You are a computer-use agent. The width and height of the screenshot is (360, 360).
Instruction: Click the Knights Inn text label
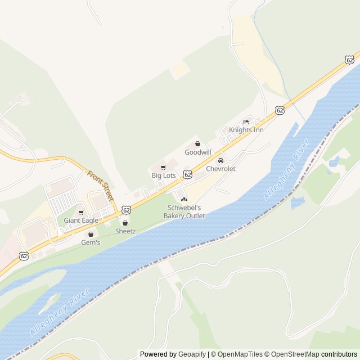coord(246,130)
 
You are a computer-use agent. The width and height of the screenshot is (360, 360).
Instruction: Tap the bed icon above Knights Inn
coord(246,122)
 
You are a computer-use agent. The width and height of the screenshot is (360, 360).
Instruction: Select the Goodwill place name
coord(197,152)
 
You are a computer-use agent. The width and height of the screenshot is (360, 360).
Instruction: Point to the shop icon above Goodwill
coord(197,144)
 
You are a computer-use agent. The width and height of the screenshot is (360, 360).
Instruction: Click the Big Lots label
coord(163,175)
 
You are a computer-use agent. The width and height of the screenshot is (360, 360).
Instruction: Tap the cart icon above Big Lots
coord(163,168)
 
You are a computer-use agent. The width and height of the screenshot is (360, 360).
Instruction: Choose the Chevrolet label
coord(220,169)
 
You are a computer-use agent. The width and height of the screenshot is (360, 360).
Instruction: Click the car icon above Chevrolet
coord(220,161)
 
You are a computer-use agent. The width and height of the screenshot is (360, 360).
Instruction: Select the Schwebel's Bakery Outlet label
coord(184,211)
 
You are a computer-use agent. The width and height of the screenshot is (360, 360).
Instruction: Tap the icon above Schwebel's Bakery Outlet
coord(184,200)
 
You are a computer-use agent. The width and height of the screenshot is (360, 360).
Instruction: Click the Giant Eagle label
coord(81,220)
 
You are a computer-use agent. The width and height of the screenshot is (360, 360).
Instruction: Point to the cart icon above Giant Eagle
coord(81,213)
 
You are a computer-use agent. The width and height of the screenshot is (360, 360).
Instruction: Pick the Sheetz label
coord(125,231)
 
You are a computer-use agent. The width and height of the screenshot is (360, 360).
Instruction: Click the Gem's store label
coord(91,242)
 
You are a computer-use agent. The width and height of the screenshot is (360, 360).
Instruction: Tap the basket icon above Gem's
coord(91,235)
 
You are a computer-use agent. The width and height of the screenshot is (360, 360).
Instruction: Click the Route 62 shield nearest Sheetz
coord(126,209)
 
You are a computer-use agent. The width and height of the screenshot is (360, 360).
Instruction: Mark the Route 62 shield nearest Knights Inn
coord(280,111)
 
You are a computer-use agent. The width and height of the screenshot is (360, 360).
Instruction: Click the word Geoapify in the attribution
coord(192,354)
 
